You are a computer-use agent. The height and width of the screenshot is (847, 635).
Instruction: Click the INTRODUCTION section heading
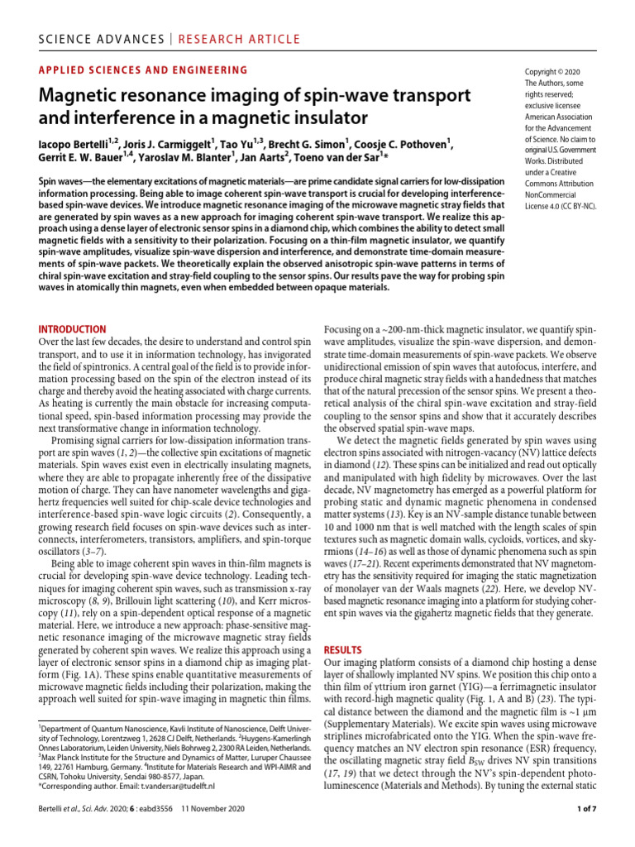pos(72,328)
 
